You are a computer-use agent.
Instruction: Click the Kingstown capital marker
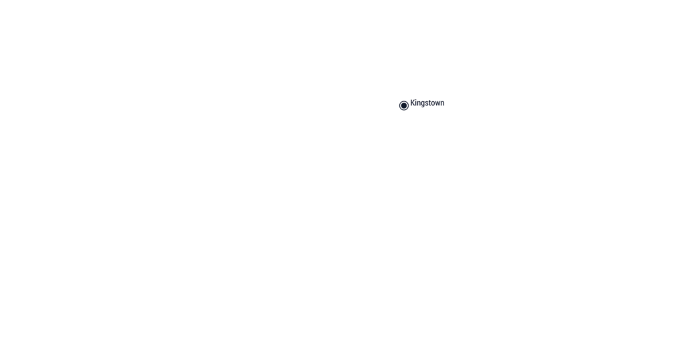404,105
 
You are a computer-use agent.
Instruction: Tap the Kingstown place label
427,103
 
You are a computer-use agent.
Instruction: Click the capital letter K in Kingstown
413,103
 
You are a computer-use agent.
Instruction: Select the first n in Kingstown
420,104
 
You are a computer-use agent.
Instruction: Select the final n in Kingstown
443,104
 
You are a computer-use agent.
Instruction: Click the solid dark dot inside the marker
404,105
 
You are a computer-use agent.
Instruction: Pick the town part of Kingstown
437,103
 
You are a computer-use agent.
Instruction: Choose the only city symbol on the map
404,105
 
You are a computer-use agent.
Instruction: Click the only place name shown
427,103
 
